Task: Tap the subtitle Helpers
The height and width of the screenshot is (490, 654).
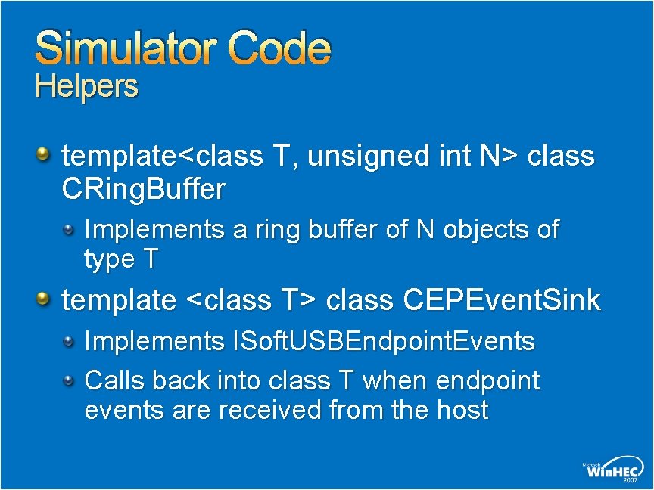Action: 87,87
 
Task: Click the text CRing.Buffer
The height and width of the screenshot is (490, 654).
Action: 143,190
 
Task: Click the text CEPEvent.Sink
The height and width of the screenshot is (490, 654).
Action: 502,300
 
